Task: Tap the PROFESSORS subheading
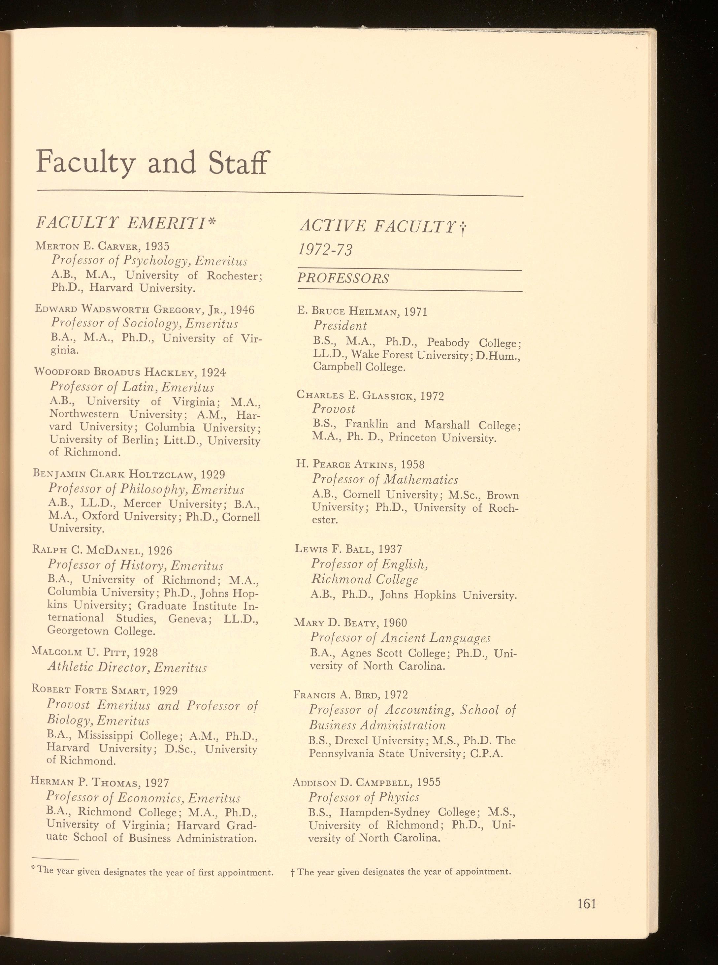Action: (343, 278)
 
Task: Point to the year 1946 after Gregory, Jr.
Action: (242, 310)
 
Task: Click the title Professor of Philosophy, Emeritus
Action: (146, 490)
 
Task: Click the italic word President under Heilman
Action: (340, 326)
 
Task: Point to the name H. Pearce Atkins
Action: (345, 464)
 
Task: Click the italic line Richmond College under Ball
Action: (364, 580)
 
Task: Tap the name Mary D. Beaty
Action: (334, 622)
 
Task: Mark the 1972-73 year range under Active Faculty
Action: (325, 250)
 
